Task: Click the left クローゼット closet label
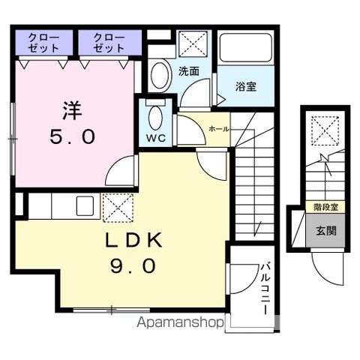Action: click(x=43, y=43)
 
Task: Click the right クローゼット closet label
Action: click(x=109, y=43)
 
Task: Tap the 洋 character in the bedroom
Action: click(x=72, y=110)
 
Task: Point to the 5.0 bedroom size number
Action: click(x=73, y=136)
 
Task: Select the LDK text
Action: click(x=133, y=240)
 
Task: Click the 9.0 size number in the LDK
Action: click(x=133, y=265)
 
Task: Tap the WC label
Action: click(x=156, y=138)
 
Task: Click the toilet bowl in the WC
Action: click(x=155, y=118)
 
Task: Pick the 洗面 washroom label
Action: click(x=189, y=72)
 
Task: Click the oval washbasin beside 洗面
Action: click(x=161, y=75)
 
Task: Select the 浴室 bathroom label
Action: click(x=246, y=86)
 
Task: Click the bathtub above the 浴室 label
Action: click(x=246, y=47)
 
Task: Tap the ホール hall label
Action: click(x=219, y=129)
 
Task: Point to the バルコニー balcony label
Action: click(x=265, y=288)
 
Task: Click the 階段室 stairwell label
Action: click(x=325, y=207)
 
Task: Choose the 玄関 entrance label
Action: click(x=326, y=230)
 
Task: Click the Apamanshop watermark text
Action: click(x=180, y=322)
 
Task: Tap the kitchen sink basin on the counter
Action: click(x=85, y=206)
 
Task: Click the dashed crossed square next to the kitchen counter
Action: click(x=118, y=208)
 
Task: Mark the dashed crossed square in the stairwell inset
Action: click(x=325, y=130)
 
